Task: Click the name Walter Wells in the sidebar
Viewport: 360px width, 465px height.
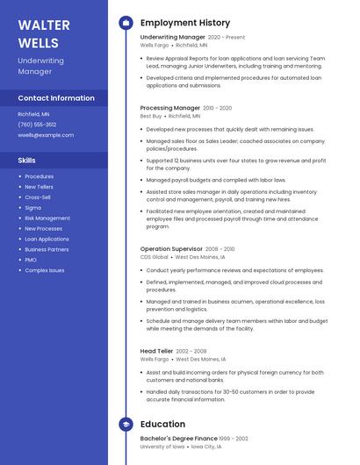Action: (39, 33)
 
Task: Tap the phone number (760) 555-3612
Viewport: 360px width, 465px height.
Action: (37, 125)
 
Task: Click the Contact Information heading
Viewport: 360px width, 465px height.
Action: (56, 98)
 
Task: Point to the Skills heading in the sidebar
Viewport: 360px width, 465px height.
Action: (27, 161)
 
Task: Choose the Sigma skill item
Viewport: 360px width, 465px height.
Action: (33, 208)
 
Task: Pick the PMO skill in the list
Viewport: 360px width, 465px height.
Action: (31, 260)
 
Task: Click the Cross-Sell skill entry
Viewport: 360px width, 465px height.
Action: (38, 197)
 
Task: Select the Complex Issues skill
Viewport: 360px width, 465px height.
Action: (44, 270)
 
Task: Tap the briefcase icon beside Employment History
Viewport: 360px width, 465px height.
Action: (126, 23)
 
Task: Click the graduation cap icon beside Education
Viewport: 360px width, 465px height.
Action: (126, 425)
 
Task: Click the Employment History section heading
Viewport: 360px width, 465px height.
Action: (185, 23)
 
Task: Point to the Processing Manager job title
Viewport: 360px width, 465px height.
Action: (169, 108)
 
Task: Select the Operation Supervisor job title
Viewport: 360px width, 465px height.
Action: (172, 249)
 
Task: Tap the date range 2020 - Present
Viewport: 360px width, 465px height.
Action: (227, 38)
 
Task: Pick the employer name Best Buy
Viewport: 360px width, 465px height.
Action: (151, 116)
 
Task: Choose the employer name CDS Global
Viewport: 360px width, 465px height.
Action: (155, 257)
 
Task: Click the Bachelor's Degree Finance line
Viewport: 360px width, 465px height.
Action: (178, 439)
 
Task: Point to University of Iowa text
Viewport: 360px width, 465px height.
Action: (162, 447)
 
